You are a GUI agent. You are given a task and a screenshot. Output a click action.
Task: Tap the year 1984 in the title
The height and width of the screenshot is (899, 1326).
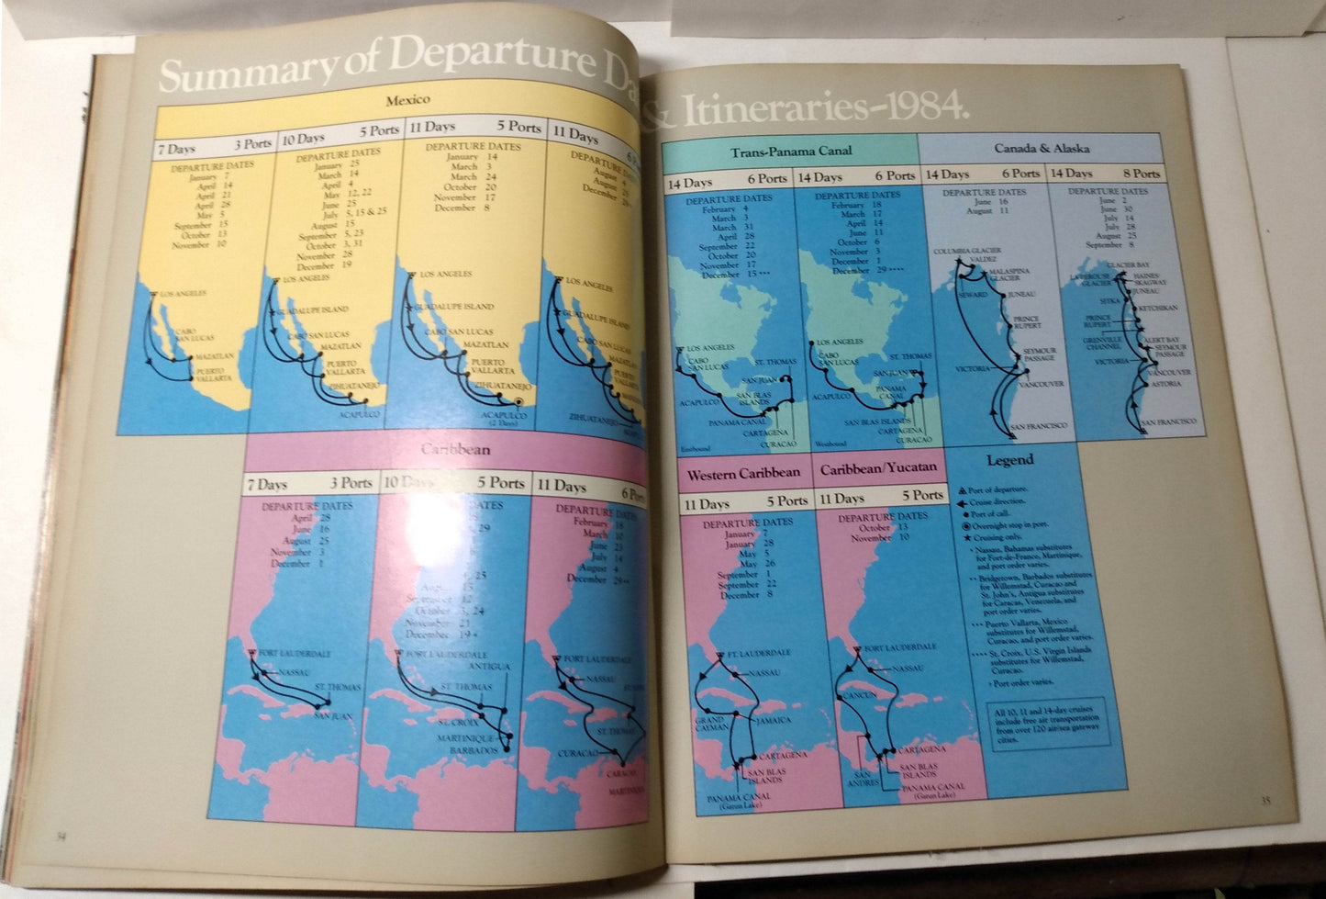coord(926,108)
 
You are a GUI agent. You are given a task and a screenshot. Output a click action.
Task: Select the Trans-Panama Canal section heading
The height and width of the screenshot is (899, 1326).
coord(790,151)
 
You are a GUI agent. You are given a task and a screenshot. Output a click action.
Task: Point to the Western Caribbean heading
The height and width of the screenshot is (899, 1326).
coord(743,474)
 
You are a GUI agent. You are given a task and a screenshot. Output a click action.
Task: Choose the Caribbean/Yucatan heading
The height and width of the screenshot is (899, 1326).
coord(878,468)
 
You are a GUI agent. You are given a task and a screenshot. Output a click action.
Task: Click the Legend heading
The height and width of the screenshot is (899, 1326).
coord(1009,460)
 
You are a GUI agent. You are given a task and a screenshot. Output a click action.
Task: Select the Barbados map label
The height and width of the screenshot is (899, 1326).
coord(474,750)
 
